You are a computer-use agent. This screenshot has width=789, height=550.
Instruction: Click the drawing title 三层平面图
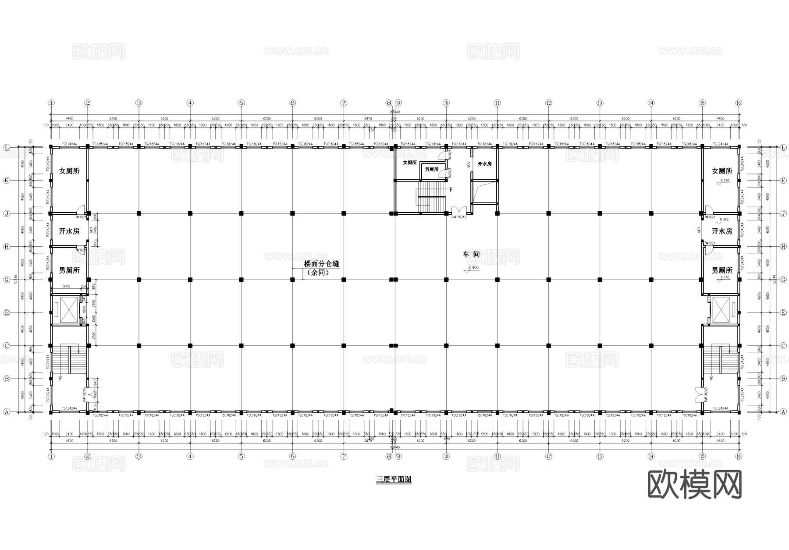[394, 479]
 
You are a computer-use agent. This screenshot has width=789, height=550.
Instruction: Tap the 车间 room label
[471, 254]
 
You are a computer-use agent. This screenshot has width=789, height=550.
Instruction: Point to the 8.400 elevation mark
[473, 267]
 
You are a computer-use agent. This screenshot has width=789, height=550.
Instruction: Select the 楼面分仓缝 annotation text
[322, 264]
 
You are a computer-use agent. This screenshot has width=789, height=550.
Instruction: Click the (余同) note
[318, 273]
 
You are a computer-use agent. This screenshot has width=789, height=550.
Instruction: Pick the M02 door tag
[469, 164]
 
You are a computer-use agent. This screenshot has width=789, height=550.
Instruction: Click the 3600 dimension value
[66, 286]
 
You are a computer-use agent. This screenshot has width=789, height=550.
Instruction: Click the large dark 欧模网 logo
[694, 484]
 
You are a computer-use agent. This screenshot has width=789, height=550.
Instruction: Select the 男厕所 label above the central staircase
[432, 169]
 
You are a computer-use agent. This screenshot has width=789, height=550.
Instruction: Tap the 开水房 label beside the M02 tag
[484, 163]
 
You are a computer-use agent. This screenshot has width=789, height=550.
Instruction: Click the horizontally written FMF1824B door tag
[458, 217]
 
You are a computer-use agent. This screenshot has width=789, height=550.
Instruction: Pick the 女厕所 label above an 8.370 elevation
[721, 171]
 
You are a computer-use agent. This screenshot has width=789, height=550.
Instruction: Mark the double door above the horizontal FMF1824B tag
[458, 209]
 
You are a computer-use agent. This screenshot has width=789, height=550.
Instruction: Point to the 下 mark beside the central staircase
[451, 189]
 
